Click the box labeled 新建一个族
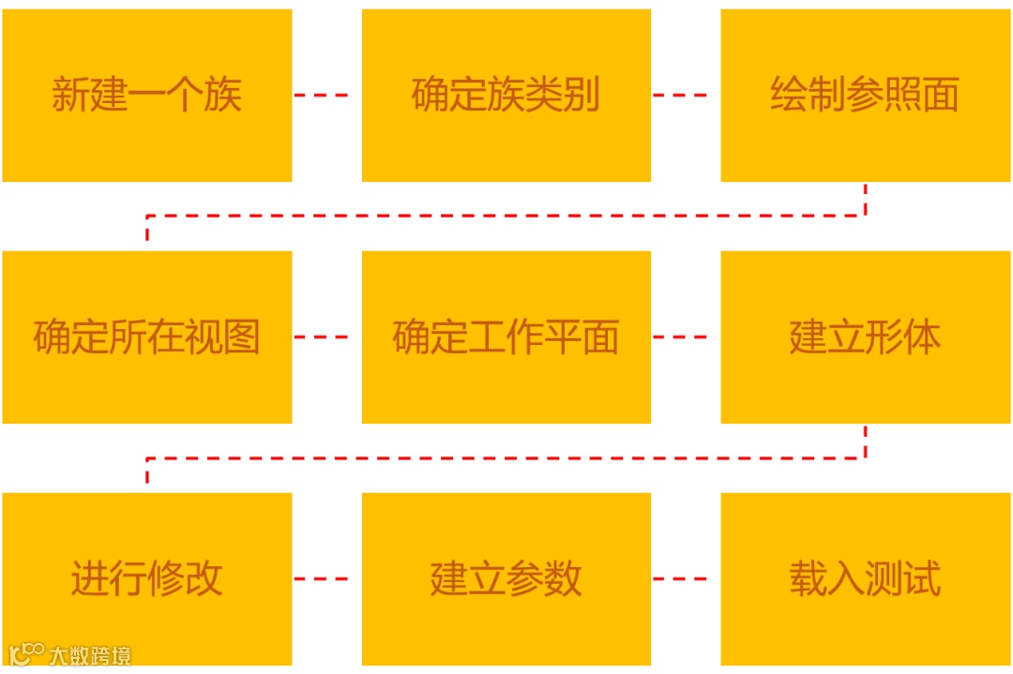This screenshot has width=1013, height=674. (x=147, y=96)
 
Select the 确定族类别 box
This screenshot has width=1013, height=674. (x=506, y=96)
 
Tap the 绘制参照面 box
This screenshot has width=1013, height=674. (x=865, y=96)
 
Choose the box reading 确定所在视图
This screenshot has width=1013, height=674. (x=147, y=337)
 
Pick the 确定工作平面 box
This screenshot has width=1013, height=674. (x=506, y=337)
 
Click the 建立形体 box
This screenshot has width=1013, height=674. (x=865, y=337)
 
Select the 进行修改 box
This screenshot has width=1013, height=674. (x=147, y=578)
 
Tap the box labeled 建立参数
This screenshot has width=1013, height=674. (x=506, y=578)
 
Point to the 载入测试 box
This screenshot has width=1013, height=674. (x=865, y=578)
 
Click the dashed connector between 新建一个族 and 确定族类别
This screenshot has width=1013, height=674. (x=321, y=95)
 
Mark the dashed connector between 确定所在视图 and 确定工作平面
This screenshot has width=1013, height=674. (x=321, y=337)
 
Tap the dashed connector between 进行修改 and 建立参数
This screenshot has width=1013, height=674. (x=321, y=578)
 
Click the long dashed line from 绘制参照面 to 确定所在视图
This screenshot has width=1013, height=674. (x=506, y=216)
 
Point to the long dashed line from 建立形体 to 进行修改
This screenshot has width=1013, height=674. (x=506, y=458)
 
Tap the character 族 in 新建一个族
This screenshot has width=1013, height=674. (x=223, y=96)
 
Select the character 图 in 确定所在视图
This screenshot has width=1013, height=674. (x=242, y=337)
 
